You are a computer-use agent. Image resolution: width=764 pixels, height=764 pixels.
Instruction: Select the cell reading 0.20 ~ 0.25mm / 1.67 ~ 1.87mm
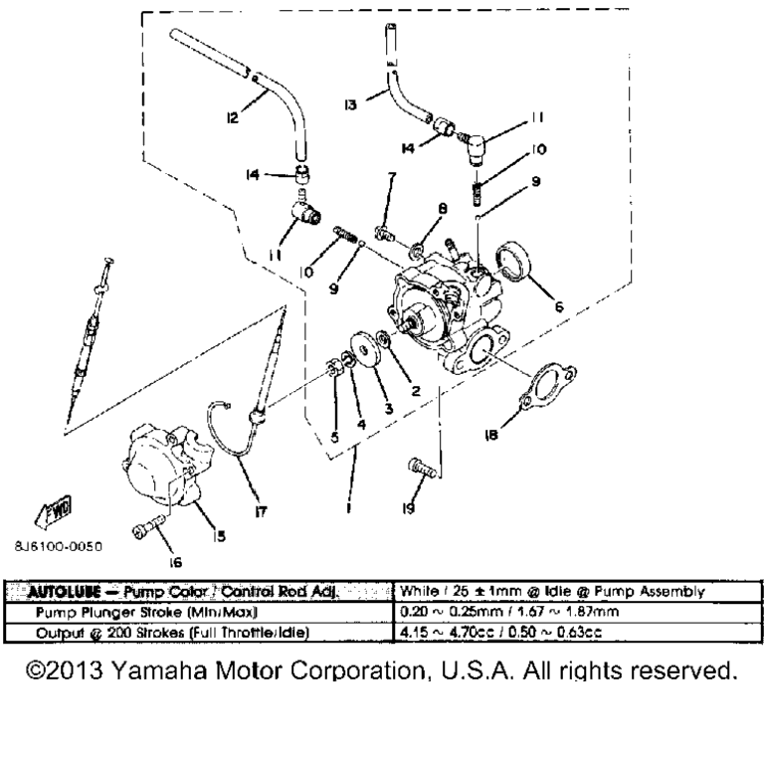coord(497,612)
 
